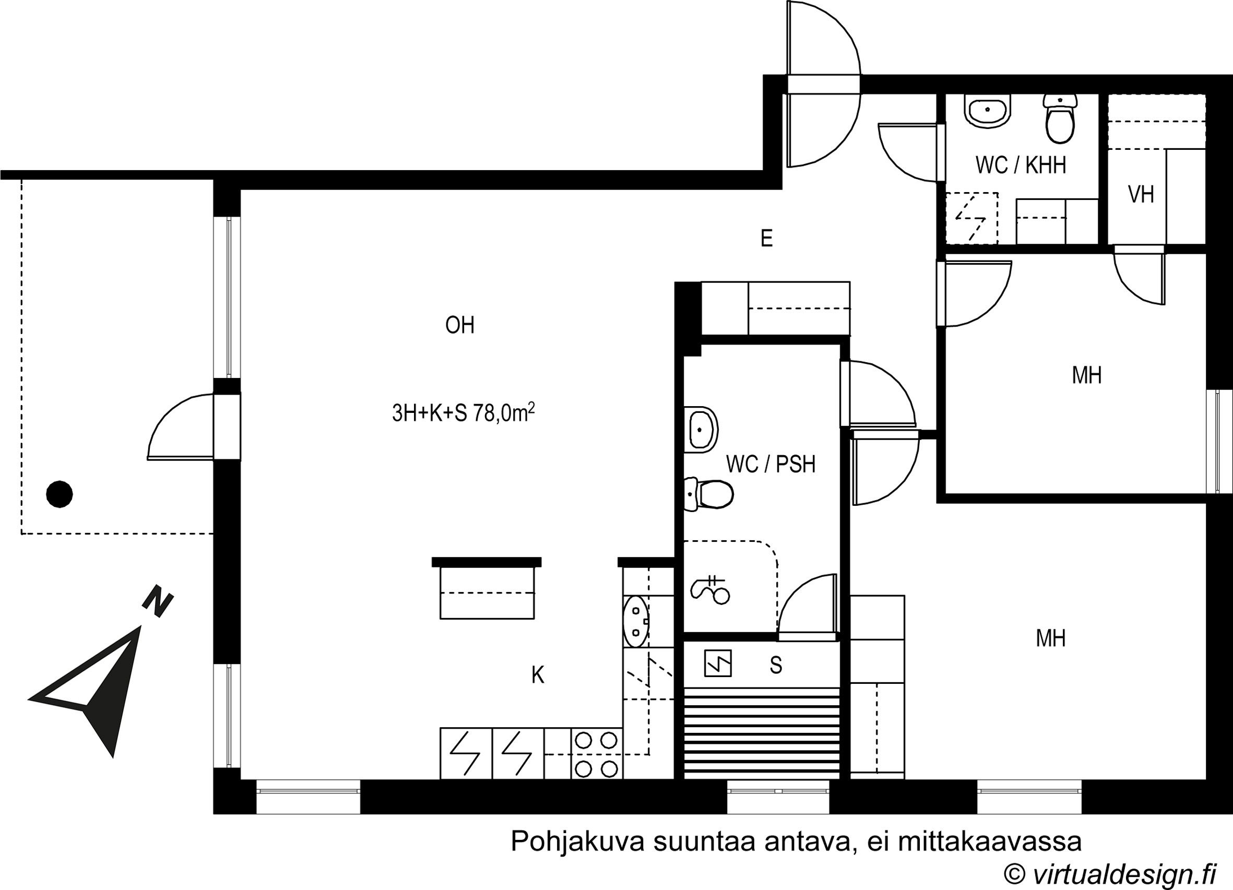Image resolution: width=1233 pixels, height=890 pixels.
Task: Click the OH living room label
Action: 460,325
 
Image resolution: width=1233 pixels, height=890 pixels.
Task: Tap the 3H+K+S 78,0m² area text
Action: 463,414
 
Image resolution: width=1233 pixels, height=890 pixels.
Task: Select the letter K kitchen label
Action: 538,675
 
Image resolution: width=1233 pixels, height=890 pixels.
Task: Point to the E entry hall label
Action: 766,238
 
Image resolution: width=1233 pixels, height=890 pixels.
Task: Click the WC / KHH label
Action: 1021,165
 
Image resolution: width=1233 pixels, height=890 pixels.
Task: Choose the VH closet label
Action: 1141,195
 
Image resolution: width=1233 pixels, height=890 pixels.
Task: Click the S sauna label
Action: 776,665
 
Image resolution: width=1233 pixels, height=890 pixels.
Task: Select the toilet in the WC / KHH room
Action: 1060,118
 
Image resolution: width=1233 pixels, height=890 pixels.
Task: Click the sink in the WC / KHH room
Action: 987,112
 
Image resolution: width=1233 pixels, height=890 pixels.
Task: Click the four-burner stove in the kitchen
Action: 596,754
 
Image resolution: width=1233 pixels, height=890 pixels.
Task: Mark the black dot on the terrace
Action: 60,495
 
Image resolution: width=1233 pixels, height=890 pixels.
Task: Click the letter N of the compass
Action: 158,601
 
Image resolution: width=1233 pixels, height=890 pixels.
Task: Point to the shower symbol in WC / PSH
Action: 710,589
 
